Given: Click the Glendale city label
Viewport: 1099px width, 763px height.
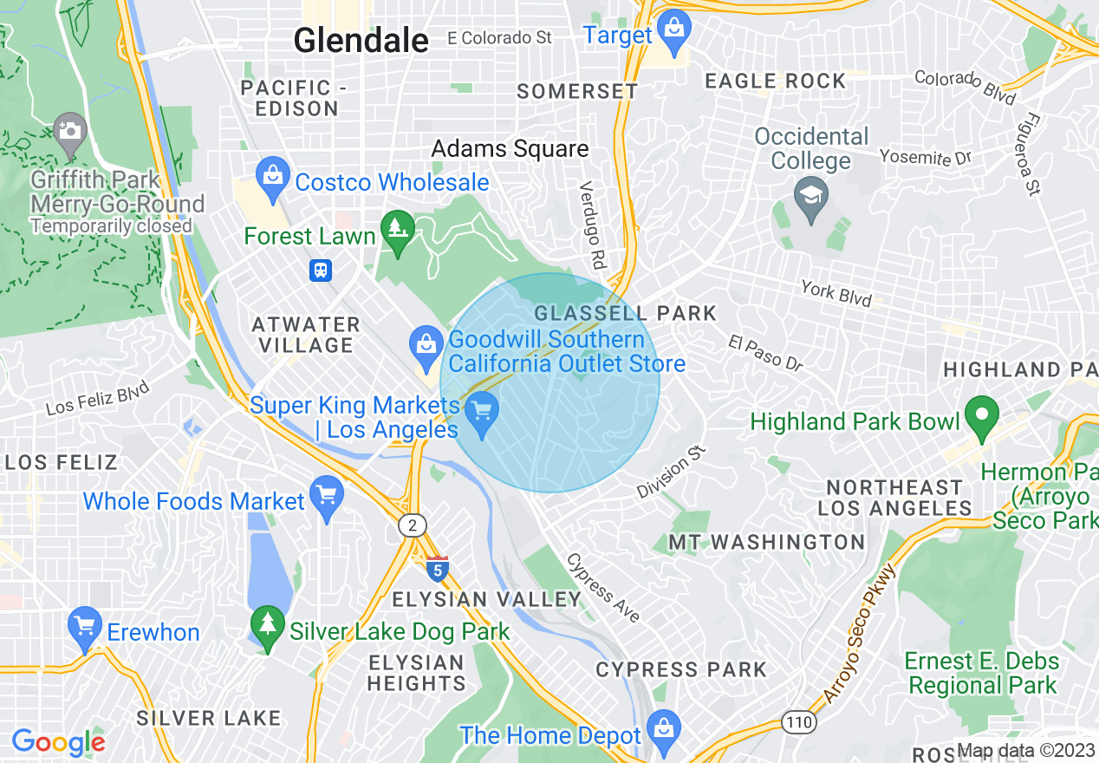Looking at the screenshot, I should (361, 40).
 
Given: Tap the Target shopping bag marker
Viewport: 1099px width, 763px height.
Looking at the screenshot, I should (673, 28).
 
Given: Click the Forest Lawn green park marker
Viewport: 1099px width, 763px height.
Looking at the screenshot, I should (398, 229).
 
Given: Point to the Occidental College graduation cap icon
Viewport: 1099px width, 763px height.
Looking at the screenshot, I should (811, 194).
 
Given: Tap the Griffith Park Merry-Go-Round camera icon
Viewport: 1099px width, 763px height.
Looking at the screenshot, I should (69, 131).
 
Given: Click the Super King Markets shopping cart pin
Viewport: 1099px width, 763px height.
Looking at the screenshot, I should (482, 410).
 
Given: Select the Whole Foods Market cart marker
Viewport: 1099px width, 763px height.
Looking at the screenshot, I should (327, 495).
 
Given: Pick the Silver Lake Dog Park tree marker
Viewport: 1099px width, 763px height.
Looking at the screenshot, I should (267, 624).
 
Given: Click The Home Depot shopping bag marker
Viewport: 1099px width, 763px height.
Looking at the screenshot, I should (664, 728).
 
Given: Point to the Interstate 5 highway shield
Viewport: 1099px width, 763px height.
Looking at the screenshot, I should (438, 569).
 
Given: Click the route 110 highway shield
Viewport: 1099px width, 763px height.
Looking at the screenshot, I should (796, 721).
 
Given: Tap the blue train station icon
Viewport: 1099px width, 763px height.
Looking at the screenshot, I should (321, 271).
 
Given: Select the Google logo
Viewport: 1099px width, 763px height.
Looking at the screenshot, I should (58, 742).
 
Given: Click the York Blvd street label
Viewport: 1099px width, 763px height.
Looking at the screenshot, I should (836, 292).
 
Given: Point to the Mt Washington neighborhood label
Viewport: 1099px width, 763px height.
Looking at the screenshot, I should (766, 543).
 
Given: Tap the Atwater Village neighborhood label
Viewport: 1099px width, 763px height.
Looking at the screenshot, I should (305, 335).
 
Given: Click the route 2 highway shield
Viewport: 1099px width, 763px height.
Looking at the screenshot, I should (411, 525).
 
